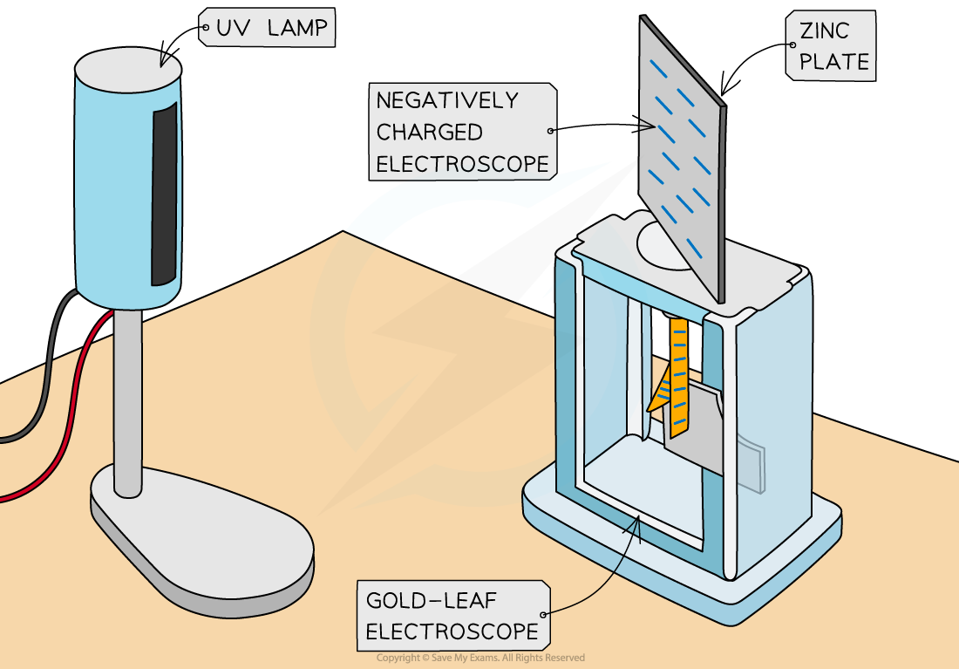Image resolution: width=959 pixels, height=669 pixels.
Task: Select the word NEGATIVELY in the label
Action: [446, 100]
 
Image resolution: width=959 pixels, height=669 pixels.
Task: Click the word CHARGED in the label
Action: [429, 132]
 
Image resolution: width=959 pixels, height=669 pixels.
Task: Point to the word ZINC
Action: [824, 31]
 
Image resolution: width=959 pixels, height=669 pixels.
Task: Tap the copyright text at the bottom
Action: [480, 658]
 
